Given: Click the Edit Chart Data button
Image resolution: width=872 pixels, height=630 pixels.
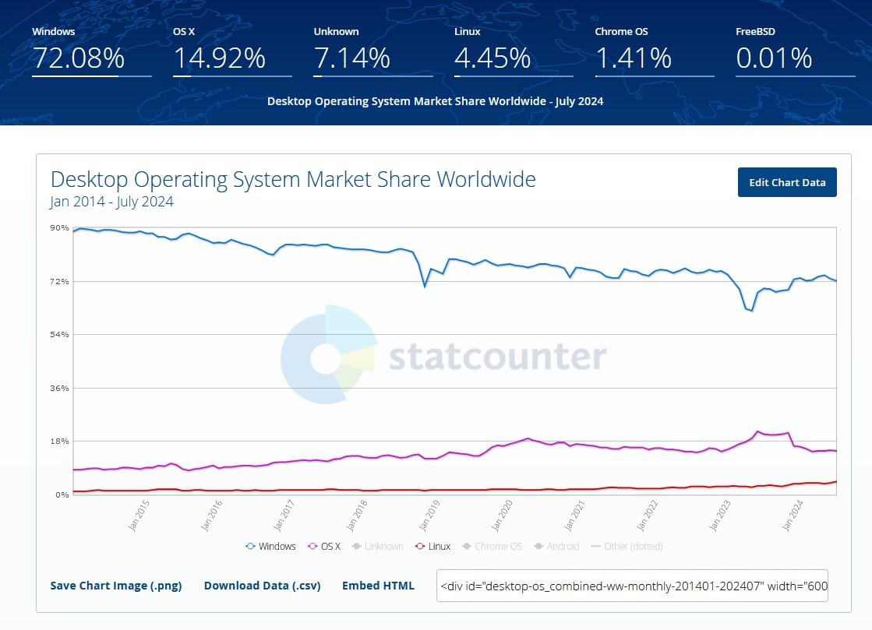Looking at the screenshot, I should click(787, 182).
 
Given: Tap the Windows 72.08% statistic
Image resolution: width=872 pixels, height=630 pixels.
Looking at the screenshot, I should click(78, 58).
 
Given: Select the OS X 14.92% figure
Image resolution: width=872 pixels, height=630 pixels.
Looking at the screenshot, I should click(219, 58).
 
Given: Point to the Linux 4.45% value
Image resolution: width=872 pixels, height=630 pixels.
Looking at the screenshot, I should click(492, 58).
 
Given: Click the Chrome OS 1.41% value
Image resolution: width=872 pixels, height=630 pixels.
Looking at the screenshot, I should click(633, 58).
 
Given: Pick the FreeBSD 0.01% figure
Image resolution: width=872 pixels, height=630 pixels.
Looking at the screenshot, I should click(774, 58).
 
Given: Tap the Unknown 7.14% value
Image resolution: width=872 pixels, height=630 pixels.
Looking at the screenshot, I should click(352, 58).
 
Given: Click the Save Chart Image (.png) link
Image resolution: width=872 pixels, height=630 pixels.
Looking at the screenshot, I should click(116, 586).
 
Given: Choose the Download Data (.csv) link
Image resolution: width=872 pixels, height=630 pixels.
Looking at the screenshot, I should click(262, 586).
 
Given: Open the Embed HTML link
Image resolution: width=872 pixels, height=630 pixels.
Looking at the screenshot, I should click(378, 586).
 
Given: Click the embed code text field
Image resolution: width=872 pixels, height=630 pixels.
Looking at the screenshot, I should click(632, 586).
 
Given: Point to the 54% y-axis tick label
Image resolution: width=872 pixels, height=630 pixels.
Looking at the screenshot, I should click(59, 335).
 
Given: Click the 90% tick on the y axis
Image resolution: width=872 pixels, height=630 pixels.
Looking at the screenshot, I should click(59, 227).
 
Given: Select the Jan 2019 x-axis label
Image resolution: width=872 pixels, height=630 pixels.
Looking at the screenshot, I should click(429, 516).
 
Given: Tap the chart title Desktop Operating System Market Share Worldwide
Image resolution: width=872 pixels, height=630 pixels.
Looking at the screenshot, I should click(293, 179).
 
